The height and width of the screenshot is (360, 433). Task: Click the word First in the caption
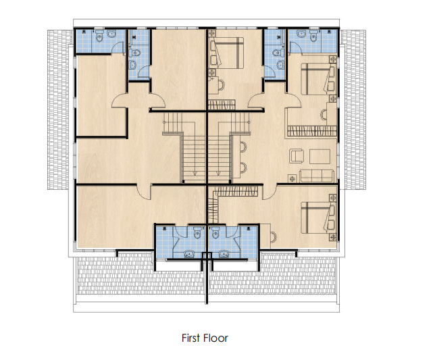click(x=190, y=338)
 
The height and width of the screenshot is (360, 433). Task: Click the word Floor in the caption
click(x=215, y=338)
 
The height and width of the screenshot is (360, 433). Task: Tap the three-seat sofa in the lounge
click(x=317, y=176)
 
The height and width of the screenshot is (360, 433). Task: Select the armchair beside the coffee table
click(x=297, y=156)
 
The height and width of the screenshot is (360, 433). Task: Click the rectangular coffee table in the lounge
click(x=320, y=157)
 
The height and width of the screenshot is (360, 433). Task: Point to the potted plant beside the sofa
click(x=292, y=178)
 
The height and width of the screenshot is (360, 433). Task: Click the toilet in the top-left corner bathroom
click(x=99, y=36)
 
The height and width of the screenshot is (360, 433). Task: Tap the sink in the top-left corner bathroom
click(x=111, y=34)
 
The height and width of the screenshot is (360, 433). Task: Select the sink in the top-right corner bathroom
click(x=301, y=34)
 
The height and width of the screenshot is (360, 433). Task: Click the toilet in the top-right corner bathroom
click(x=313, y=36)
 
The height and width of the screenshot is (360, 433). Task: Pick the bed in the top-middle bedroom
click(x=227, y=53)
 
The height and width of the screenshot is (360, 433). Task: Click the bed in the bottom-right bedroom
click(x=318, y=217)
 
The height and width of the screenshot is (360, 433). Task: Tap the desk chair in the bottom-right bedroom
click(x=274, y=236)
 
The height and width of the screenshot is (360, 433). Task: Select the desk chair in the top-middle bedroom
click(x=221, y=84)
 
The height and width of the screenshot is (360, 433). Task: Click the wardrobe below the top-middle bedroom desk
click(x=222, y=105)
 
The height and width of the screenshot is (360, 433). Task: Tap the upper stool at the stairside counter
click(x=243, y=147)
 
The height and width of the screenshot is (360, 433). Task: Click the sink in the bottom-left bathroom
click(x=189, y=253)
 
